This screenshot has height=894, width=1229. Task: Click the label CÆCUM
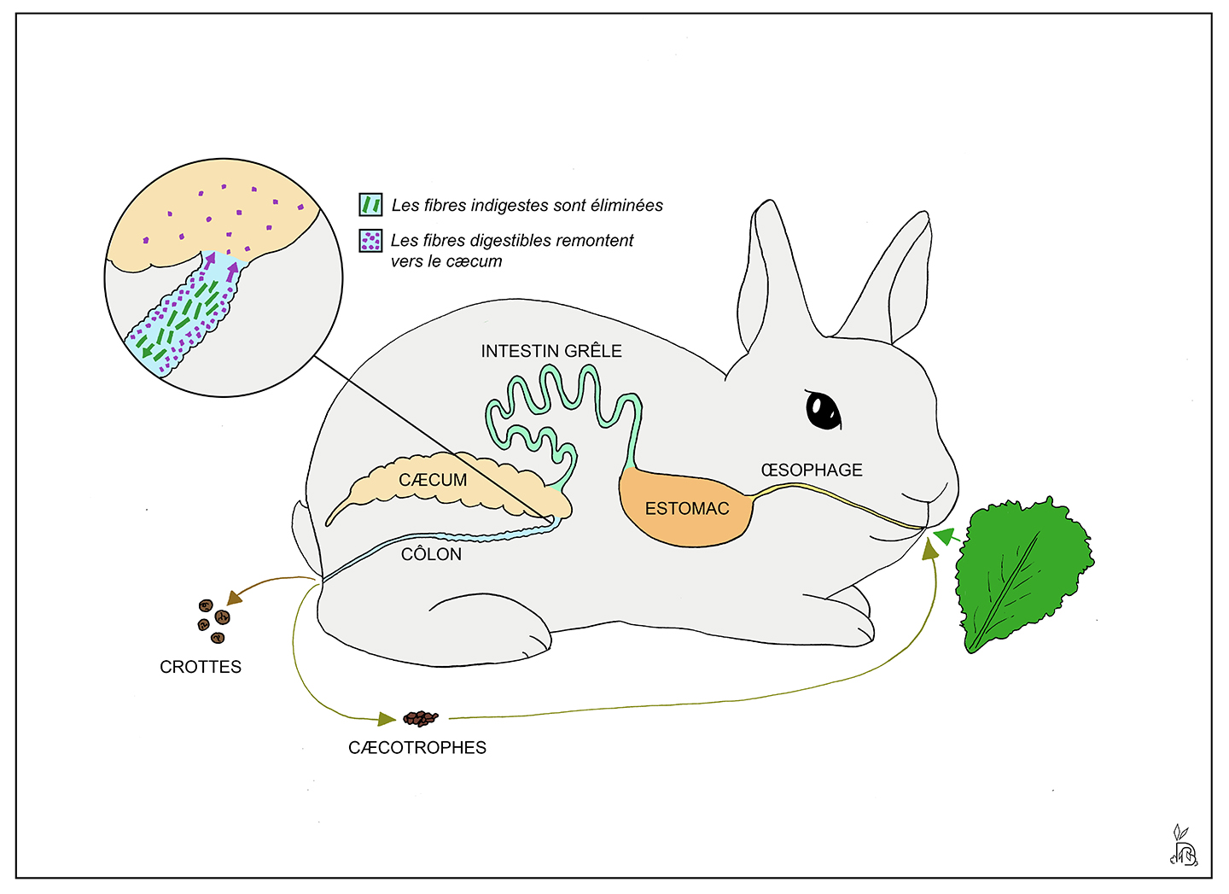tap(433, 480)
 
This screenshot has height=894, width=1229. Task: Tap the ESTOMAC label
tap(687, 509)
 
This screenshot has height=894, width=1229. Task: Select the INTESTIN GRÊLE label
tap(551, 351)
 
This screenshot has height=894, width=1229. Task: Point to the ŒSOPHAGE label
tap(812, 470)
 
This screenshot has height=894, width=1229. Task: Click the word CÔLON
tap(431, 554)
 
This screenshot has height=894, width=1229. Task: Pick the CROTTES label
tap(201, 667)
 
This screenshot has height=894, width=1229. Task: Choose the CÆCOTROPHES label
tap(417, 748)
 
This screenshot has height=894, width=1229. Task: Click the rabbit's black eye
tap(823, 410)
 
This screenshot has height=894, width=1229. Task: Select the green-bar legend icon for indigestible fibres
tap(370, 205)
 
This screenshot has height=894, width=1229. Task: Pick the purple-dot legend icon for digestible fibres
tap(370, 241)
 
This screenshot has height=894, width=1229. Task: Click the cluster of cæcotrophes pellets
tap(420, 718)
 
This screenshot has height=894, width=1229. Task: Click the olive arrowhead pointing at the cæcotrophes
tap(387, 719)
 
